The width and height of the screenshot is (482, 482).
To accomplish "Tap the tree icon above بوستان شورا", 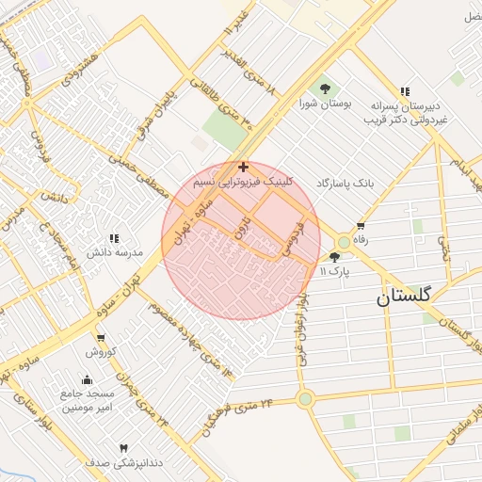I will tap(325, 88).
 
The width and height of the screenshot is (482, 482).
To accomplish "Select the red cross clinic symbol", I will tap(244, 167).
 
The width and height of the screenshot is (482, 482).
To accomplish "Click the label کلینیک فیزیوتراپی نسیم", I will tap(244, 180).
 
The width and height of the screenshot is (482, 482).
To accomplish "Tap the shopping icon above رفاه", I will tap(361, 226).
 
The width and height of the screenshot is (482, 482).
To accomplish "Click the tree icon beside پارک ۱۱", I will tap(334, 257).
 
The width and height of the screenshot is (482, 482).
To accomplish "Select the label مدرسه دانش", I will tap(113, 254).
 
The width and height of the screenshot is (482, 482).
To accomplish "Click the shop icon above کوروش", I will tap(100, 339).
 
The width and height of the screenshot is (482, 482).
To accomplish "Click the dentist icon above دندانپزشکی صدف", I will tap(122, 448).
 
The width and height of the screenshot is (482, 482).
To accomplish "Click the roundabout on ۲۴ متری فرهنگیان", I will tap(305, 399).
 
